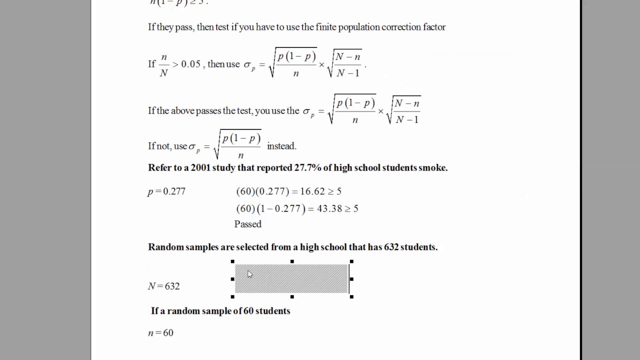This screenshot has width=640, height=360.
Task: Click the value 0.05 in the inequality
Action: point(191,64)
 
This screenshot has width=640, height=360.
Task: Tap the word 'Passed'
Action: point(248,224)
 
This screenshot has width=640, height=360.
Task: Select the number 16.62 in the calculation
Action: point(312,191)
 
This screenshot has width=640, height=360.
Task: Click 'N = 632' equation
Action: point(163,286)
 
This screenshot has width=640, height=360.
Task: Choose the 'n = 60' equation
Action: point(160,332)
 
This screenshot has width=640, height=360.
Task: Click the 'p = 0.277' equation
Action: point(166,191)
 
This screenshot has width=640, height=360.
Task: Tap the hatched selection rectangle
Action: point(291,279)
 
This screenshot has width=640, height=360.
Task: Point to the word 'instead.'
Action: point(281,146)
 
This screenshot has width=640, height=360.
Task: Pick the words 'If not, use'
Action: point(167,146)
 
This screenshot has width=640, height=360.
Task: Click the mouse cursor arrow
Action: point(249,273)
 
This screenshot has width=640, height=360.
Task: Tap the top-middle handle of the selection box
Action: point(292,261)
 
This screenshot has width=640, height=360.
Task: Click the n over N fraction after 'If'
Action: point(163,64)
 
